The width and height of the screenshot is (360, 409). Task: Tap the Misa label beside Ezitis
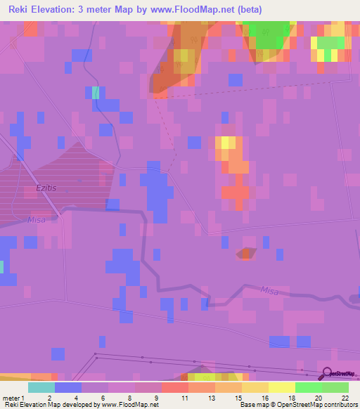(x=36, y=220)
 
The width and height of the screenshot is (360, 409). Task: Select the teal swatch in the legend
(x=41, y=387)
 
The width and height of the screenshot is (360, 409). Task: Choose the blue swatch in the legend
(x=68, y=387)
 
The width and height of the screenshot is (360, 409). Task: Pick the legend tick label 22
(x=345, y=398)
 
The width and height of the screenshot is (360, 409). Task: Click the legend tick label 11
(x=185, y=398)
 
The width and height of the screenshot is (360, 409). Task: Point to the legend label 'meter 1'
(x=13, y=398)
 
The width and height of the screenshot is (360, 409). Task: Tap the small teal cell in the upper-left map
(x=96, y=93)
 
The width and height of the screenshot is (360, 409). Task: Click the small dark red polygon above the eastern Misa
(x=246, y=253)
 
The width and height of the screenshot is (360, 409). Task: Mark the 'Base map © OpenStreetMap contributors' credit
(x=297, y=405)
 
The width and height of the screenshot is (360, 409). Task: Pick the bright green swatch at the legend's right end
(x=335, y=387)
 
